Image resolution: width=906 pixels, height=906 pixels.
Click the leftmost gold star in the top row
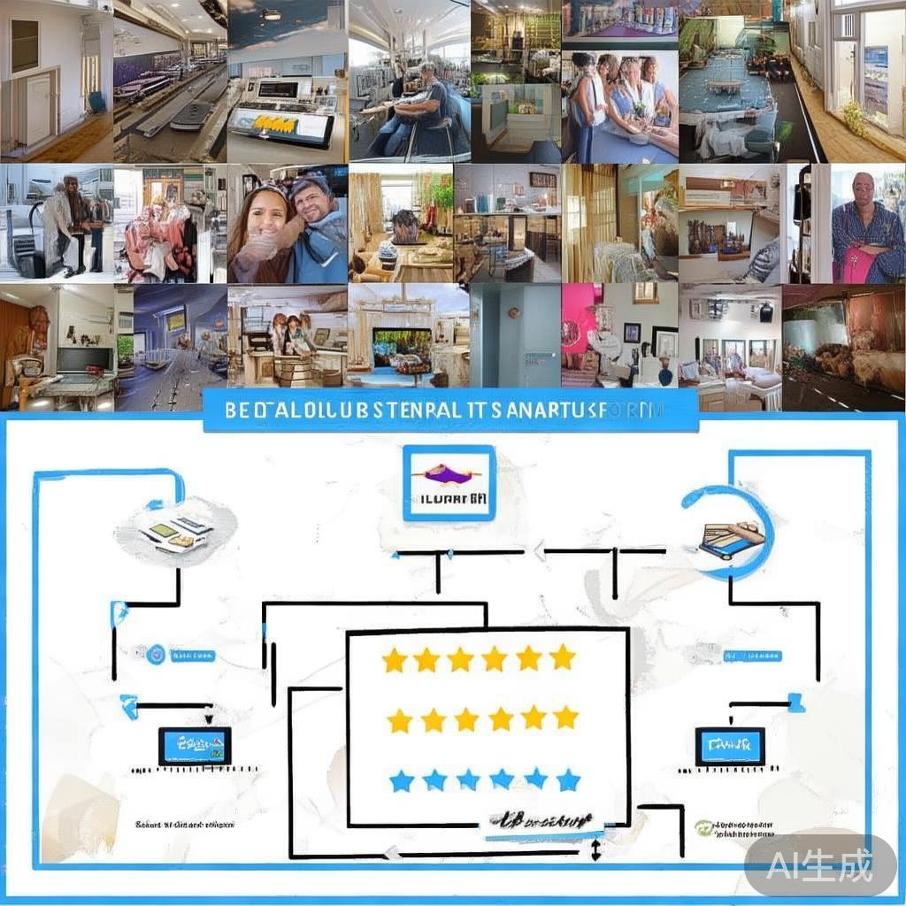click(x=394, y=659)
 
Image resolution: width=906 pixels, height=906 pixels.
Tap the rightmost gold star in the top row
click(x=562, y=657)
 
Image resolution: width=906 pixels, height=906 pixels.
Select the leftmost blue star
click(x=402, y=780)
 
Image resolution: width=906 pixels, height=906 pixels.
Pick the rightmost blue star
click(x=568, y=779)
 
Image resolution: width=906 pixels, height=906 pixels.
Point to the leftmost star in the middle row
click(x=400, y=720)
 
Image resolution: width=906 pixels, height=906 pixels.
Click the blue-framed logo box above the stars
click(x=449, y=482)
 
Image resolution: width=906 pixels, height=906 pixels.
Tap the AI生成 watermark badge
click(x=819, y=864)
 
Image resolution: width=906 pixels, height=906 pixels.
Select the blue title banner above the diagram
click(x=450, y=411)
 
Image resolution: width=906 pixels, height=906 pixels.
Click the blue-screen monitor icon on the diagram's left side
click(x=195, y=746)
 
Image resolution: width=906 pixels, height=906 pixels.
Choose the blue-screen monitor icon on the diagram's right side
click(x=730, y=746)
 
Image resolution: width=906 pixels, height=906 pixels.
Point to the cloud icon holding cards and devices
click(x=177, y=531)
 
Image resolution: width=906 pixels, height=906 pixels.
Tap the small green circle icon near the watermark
click(x=703, y=827)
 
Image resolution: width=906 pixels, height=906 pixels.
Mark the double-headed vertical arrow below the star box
click(x=595, y=850)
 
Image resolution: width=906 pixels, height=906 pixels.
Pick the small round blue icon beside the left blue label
click(x=156, y=655)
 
